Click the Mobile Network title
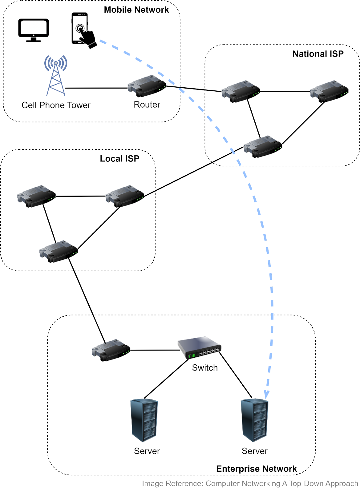click(x=136, y=10)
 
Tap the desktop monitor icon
click(x=33, y=30)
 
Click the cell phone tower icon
click(x=56, y=75)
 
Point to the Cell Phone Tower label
click(x=56, y=105)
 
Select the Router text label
click(x=147, y=105)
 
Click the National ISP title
click(x=318, y=54)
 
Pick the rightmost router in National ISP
click(x=329, y=91)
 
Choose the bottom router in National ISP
click(x=263, y=146)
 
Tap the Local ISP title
click(x=119, y=159)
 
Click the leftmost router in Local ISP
click(x=36, y=196)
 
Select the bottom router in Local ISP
click(x=59, y=251)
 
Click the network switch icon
click(x=200, y=347)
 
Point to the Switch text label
click(x=205, y=368)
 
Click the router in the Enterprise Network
click(x=111, y=350)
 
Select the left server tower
click(x=144, y=420)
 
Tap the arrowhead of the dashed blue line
click(x=267, y=395)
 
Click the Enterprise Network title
click(x=256, y=469)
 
